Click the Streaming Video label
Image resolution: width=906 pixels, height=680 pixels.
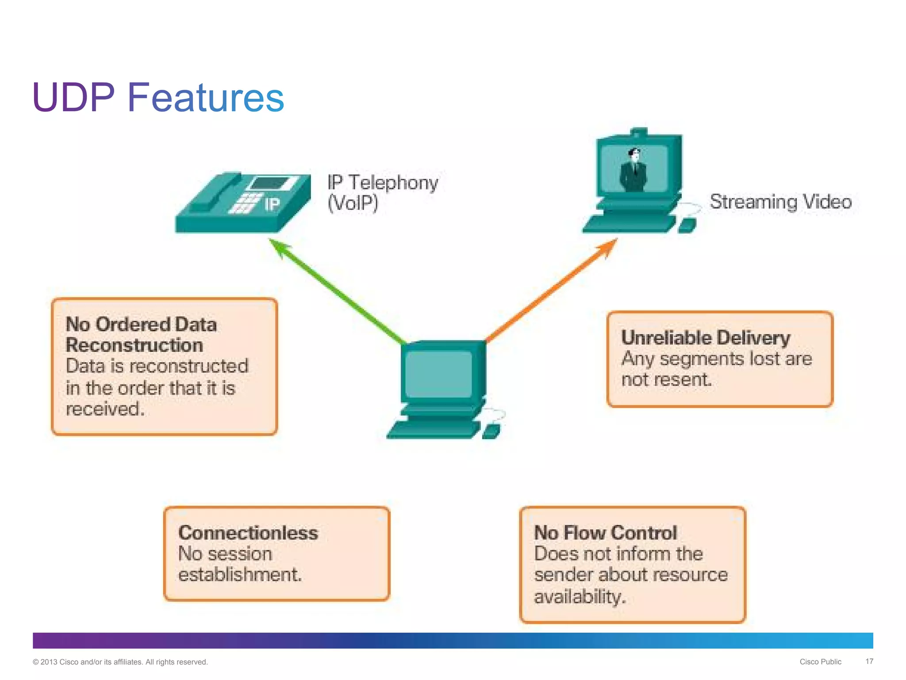pos(780,202)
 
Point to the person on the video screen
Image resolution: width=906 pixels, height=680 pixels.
pos(634,170)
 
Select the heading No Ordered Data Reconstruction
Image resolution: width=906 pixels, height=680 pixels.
pos(141,335)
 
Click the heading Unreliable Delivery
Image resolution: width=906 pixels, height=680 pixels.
pos(705,338)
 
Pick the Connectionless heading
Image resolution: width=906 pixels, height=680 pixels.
pos(248,533)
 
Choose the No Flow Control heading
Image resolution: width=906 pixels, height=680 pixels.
pos(605,533)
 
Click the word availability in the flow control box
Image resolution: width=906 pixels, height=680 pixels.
pos(580,597)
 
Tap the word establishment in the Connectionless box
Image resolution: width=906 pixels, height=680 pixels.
pos(240,575)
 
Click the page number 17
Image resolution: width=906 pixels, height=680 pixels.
pos(869,661)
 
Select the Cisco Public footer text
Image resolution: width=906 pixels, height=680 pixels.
pos(820,662)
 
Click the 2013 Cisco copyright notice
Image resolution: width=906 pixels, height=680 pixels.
pos(120,662)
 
